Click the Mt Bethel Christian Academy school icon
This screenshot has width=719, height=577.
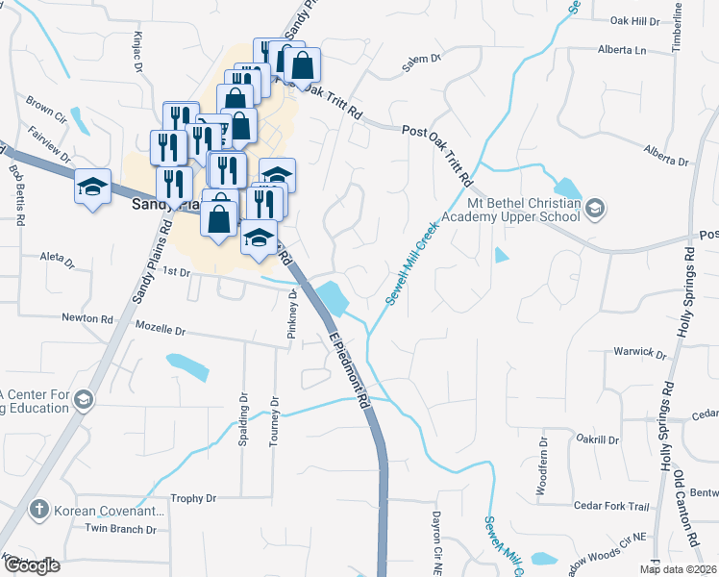[595, 208]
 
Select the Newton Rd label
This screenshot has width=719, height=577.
[87, 317]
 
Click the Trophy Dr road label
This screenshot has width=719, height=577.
[193, 499]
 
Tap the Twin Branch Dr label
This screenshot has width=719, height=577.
[120, 528]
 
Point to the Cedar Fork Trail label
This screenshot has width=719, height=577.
[611, 506]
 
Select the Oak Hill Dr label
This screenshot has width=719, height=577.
[635, 20]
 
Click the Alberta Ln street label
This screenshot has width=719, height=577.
[620, 49]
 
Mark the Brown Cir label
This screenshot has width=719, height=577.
[45, 105]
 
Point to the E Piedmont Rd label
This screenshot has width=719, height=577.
[351, 374]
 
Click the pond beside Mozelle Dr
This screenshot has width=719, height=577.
[188, 366]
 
